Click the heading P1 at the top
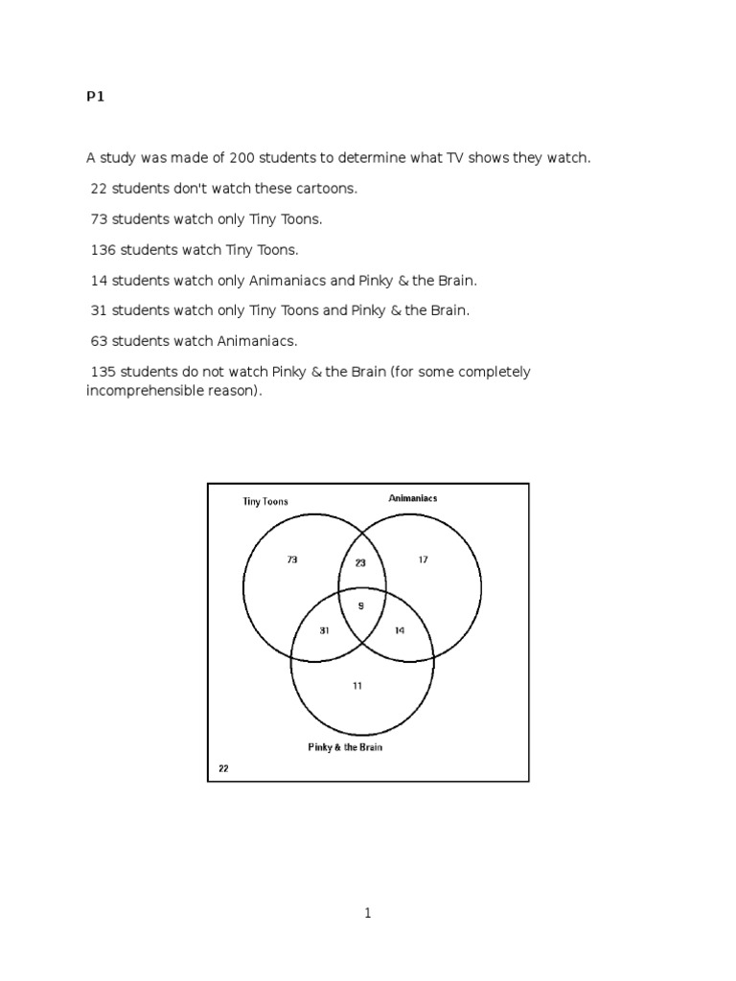click(x=94, y=97)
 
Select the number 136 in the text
click(x=103, y=249)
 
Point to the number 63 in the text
click(x=99, y=341)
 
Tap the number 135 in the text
click(x=103, y=372)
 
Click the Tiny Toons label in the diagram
click(x=264, y=501)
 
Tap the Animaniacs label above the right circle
click(x=413, y=498)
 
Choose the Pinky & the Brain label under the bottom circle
click(x=345, y=747)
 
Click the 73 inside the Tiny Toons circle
click(x=292, y=560)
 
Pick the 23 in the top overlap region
click(x=360, y=563)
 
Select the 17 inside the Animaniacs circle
click(x=423, y=560)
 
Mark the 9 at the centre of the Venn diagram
click(x=360, y=605)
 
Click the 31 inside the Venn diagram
click(x=325, y=630)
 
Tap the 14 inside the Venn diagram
click(x=400, y=630)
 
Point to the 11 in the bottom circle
click(x=357, y=686)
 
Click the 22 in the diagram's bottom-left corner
click(x=223, y=768)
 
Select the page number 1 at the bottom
click(x=367, y=914)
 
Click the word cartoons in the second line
click(x=325, y=188)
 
